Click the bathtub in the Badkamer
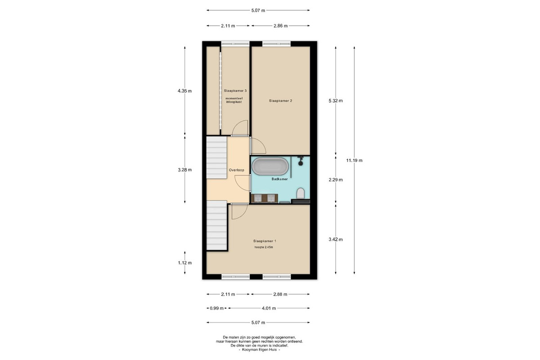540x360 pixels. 270,166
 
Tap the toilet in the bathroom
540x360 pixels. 301,193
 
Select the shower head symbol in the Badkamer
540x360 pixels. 301,161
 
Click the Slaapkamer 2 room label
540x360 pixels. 280,101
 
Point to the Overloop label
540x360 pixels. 237,170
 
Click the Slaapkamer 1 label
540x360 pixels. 265,241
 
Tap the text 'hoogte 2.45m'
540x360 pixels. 264,247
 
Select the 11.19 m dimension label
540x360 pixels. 354,160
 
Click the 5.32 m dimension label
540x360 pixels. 336,101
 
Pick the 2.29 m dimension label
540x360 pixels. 336,180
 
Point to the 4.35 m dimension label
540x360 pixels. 184,91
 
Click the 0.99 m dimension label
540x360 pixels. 216,308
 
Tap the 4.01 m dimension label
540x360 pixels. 269,308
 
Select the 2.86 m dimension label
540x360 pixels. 281,26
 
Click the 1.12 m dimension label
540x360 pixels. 184,263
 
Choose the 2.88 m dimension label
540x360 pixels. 280,294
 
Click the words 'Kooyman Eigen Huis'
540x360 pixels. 259,350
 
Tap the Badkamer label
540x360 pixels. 279,179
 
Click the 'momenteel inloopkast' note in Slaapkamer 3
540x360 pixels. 234,100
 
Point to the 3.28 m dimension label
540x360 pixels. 184,170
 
